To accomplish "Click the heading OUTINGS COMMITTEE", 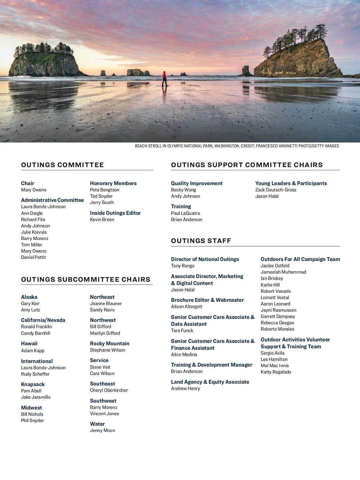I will click(x=62, y=165).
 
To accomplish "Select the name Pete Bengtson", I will click(x=104, y=190).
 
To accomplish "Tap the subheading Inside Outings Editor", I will click(x=115, y=213).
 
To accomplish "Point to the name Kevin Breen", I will click(x=102, y=220).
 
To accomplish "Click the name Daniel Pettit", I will click(x=33, y=257).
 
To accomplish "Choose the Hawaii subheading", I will click(x=29, y=343).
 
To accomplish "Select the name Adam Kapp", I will click(x=32, y=351).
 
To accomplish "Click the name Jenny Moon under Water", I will click(x=102, y=430).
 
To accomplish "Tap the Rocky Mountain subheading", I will click(x=109, y=343).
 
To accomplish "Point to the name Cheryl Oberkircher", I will click(x=109, y=390).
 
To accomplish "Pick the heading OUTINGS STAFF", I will click(x=201, y=241).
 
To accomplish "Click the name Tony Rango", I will click(x=183, y=266).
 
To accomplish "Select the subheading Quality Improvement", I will click(x=197, y=183).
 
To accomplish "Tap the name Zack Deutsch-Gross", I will click(x=276, y=190).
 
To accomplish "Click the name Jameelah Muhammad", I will click(x=283, y=272).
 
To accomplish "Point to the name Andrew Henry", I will click(x=185, y=388).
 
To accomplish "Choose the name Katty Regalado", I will click(x=276, y=372).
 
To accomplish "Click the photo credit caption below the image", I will click(x=237, y=146).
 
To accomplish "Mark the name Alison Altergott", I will click(x=187, y=307).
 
